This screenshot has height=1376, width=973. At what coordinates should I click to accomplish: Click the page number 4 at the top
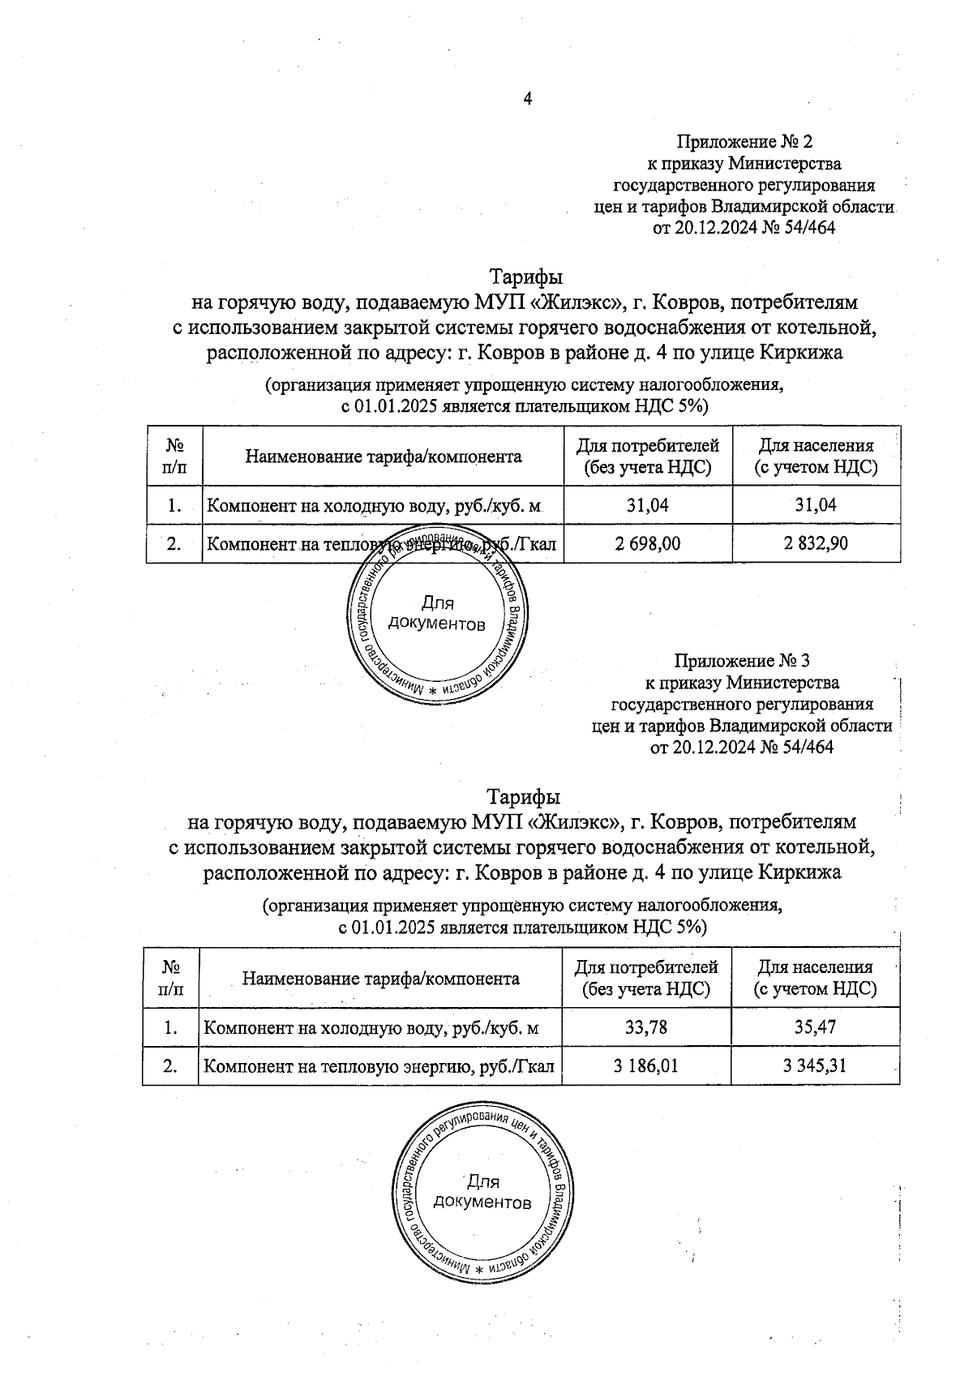point(528,100)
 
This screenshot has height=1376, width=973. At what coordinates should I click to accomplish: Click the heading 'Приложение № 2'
point(744,143)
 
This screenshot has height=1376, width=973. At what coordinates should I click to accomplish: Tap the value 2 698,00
point(648,543)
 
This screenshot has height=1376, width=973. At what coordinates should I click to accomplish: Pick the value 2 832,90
point(816,543)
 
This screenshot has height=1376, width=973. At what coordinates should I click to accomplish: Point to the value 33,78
point(646,1027)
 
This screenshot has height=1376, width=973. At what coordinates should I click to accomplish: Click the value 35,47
point(815,1027)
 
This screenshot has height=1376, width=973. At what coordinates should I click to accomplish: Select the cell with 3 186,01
point(646,1065)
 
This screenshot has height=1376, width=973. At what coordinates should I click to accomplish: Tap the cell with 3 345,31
point(815,1065)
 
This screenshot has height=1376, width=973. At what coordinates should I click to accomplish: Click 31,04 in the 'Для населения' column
point(816,505)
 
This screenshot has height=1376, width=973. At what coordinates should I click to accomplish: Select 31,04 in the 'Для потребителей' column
point(648,505)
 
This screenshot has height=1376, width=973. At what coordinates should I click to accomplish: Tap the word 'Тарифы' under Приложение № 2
point(525,276)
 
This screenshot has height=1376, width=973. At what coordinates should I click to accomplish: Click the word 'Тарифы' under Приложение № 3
point(523,795)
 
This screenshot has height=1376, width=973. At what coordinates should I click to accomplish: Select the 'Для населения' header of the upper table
point(816,456)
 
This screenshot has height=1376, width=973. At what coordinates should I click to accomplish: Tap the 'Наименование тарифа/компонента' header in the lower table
point(381,978)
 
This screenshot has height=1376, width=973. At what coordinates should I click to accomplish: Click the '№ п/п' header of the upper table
point(174,456)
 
